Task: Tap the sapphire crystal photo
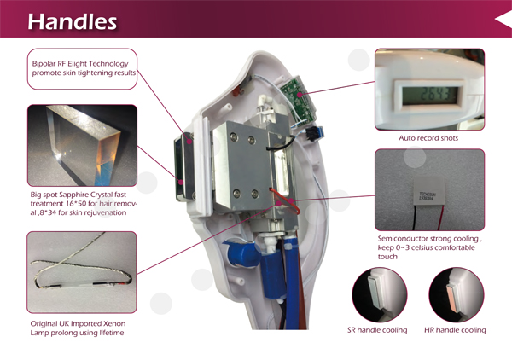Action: coord(81,145)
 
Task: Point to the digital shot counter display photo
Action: coord(429,88)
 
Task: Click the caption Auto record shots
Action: coord(429,137)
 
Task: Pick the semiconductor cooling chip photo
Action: coord(429,190)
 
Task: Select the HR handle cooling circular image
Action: coord(456,294)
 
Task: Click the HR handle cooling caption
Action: coord(456,330)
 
